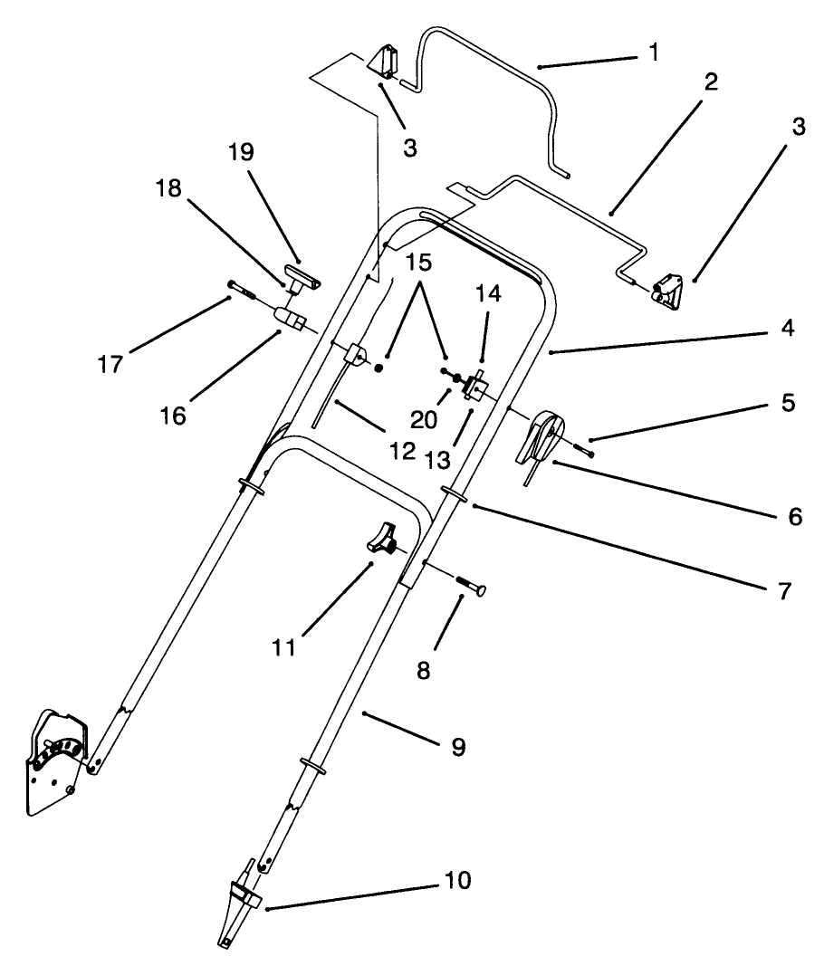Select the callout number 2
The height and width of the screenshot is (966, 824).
[x=710, y=82]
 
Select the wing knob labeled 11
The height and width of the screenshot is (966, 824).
[x=381, y=540]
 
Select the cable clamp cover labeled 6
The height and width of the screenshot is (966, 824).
[x=541, y=439]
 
